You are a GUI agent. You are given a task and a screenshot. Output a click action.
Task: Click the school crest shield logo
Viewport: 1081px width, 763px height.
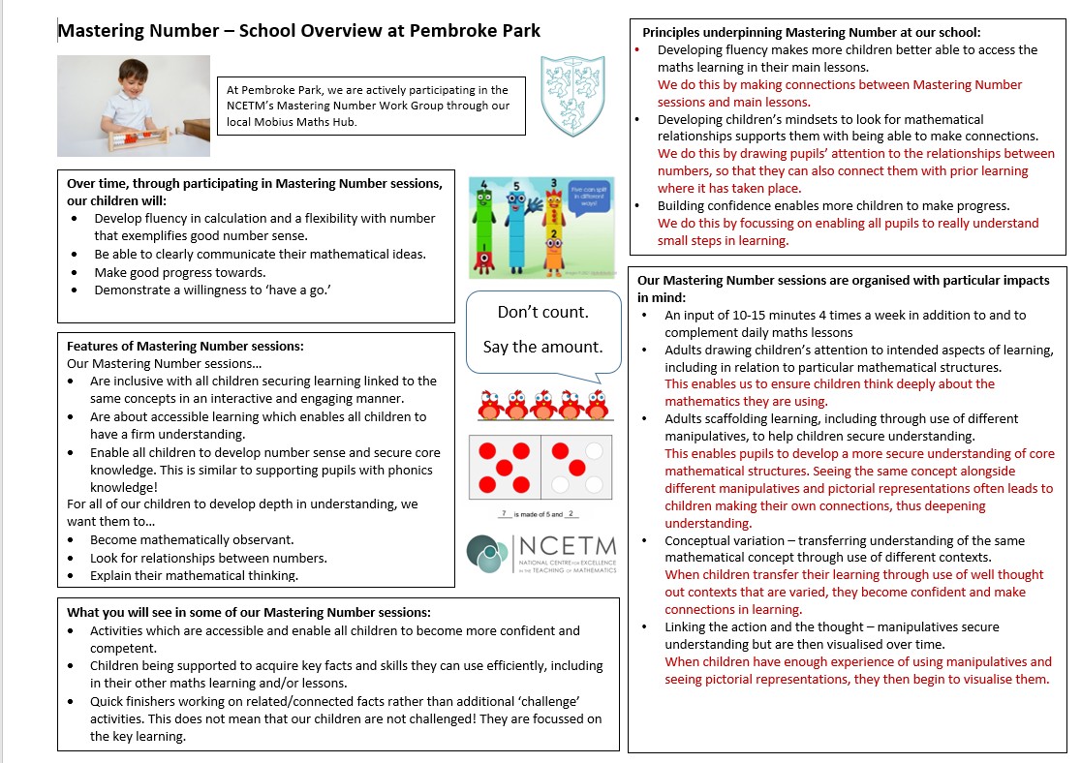[x=572, y=95]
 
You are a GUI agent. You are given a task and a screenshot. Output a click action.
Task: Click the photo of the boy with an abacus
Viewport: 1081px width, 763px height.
[x=134, y=106]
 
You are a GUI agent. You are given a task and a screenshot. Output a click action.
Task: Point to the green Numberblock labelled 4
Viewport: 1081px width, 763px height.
[x=484, y=232]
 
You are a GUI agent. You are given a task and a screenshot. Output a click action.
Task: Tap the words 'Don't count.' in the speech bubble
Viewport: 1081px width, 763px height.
[x=542, y=312]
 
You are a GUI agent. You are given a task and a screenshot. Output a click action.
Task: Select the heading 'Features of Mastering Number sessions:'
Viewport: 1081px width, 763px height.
[x=185, y=346]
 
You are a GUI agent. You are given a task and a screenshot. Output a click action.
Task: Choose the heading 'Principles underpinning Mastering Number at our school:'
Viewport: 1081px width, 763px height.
[x=812, y=32]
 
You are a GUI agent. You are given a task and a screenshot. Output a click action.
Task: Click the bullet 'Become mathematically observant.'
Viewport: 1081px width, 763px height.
[x=192, y=539]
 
